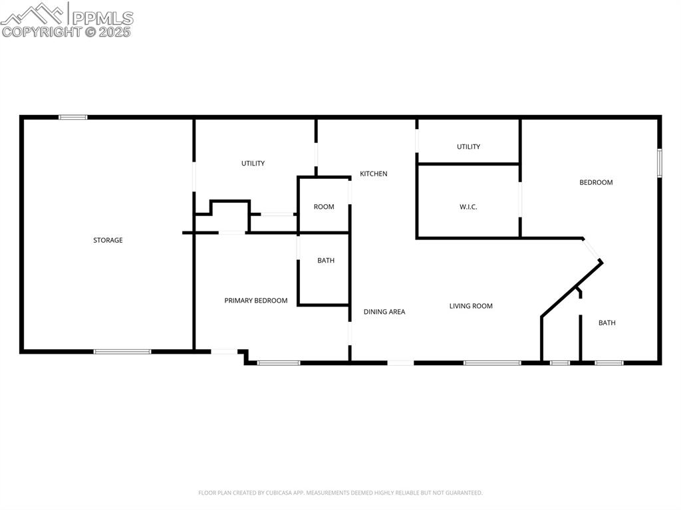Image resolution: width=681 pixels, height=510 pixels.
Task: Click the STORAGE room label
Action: coord(108,240)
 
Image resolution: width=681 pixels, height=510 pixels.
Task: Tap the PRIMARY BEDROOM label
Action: coord(256,301)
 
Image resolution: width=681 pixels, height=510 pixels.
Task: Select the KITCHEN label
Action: coord(374,174)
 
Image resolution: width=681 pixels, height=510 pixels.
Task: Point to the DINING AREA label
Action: coord(384,311)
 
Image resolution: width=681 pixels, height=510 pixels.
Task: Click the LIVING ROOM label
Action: coord(471,306)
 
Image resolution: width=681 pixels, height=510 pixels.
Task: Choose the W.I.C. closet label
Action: coord(468,207)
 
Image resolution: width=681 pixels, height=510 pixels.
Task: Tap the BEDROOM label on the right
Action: coord(596,182)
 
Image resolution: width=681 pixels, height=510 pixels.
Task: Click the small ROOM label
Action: coord(324,207)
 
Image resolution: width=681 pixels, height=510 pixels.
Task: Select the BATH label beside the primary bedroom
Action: coord(326,261)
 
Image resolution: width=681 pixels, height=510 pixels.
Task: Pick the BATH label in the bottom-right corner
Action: coord(607,322)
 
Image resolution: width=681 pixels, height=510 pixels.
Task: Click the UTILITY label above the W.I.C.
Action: coord(468,146)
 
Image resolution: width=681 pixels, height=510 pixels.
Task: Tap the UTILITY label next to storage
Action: coord(253,163)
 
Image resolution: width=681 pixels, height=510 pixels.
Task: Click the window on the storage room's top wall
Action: coord(73,118)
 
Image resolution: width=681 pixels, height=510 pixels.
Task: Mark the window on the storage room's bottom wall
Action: coord(122,351)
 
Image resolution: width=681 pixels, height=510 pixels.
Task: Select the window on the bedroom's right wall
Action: coord(660,163)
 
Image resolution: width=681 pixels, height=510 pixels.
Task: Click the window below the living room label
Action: coord(492,362)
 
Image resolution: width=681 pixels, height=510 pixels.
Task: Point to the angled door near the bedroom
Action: coord(593,251)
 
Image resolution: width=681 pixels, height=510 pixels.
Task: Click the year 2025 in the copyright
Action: coord(116,31)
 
